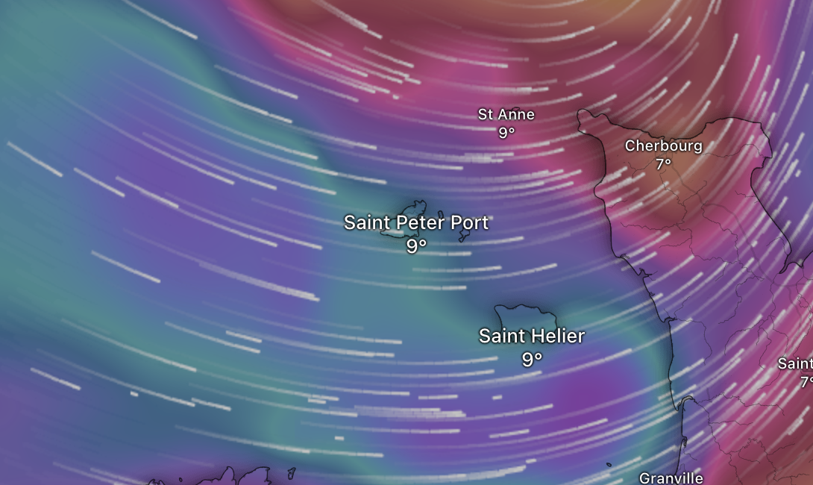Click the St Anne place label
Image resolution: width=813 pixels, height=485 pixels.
click(x=506, y=115)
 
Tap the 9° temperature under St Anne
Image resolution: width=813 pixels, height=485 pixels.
click(x=506, y=133)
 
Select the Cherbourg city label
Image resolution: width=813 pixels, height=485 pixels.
click(x=663, y=145)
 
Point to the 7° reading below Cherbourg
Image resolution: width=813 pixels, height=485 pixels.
click(x=663, y=163)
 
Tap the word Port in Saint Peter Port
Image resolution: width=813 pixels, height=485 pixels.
click(x=470, y=222)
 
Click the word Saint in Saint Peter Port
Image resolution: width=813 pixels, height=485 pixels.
click(x=366, y=222)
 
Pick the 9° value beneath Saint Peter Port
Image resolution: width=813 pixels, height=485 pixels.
click(x=416, y=245)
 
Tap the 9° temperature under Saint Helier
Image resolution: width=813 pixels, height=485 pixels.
click(x=531, y=360)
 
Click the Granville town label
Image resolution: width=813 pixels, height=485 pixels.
click(x=671, y=478)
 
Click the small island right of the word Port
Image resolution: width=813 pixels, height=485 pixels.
click(x=464, y=237)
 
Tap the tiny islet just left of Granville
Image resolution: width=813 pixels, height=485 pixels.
click(x=609, y=466)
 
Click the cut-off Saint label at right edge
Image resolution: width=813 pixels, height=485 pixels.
click(x=795, y=363)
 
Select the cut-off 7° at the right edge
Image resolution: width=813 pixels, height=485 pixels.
click(x=806, y=381)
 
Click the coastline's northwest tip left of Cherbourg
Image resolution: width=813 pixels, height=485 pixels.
click(x=581, y=113)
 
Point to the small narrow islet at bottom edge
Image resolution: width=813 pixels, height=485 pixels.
click(x=292, y=472)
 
